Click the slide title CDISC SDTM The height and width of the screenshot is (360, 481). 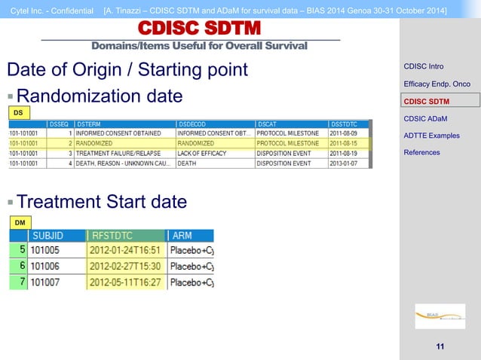[x=199, y=29]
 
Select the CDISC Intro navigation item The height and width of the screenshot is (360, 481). [x=423, y=66]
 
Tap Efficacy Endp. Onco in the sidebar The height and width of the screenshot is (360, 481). [x=437, y=84]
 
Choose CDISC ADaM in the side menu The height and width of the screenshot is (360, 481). [x=426, y=117]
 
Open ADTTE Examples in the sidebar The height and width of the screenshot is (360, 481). [x=431, y=136]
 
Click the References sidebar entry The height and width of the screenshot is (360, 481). [x=422, y=152]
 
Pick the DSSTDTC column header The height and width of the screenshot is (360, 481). [x=346, y=124]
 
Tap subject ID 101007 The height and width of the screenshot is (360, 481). [x=44, y=282]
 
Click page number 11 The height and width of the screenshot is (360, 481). [x=440, y=346]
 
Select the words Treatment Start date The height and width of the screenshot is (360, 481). [x=102, y=202]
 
